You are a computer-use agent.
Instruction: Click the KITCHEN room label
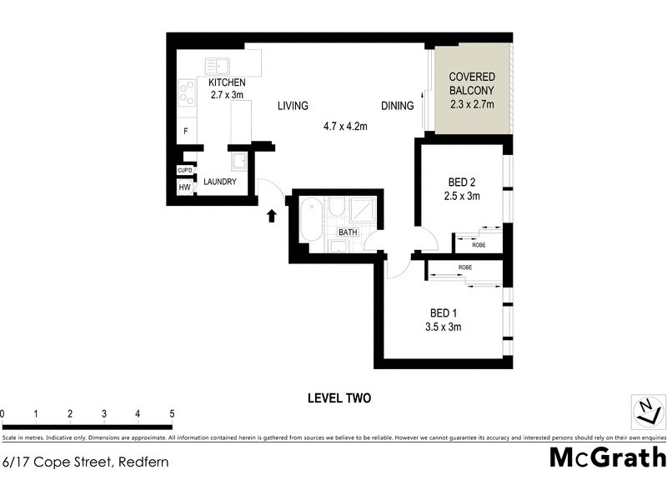coord(227,82)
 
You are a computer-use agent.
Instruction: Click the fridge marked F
coord(185,131)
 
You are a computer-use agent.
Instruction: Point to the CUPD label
coord(185,171)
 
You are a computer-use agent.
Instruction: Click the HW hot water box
coord(184,187)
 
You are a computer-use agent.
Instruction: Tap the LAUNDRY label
coord(220,182)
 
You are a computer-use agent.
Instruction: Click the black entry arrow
coord(271,217)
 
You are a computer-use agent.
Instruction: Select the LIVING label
coord(293,106)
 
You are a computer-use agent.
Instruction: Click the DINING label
coord(397,106)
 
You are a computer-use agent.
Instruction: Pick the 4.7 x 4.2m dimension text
coord(346,127)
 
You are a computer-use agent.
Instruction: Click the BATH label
coord(347,232)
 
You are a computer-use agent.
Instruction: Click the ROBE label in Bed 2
coord(479,245)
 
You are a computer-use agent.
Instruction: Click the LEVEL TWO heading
coord(339,398)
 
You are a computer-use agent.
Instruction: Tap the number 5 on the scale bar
coord(171,413)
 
